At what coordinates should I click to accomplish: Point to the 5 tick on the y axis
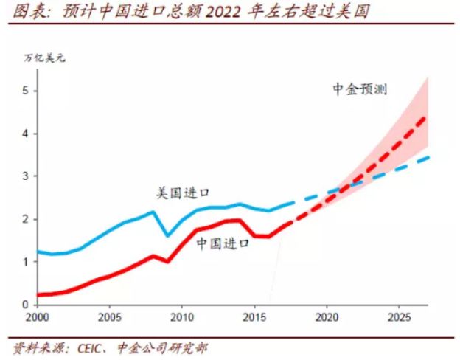click(x=25, y=91)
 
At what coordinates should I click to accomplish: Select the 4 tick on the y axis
click(x=25, y=134)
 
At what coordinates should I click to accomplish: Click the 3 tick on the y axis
click(x=25, y=176)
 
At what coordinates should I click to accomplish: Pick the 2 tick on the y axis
click(x=25, y=219)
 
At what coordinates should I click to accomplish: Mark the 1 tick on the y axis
click(x=25, y=262)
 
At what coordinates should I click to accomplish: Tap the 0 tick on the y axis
click(x=25, y=304)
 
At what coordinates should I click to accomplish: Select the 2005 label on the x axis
click(x=109, y=318)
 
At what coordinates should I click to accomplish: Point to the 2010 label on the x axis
click(x=181, y=318)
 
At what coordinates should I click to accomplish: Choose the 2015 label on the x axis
click(x=254, y=318)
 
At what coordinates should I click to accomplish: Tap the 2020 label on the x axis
click(x=326, y=318)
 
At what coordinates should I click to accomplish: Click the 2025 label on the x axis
click(x=398, y=318)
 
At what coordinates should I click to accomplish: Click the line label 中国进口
click(x=223, y=243)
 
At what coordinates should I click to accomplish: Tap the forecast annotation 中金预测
click(x=360, y=89)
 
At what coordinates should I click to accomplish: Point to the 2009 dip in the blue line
click(x=167, y=235)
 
